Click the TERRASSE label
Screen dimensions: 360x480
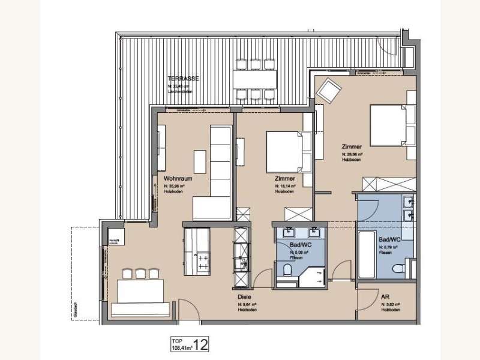[183, 79]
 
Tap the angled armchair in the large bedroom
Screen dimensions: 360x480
[328, 91]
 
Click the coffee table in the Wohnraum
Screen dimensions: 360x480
[200, 160]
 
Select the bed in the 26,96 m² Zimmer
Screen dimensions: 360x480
[390, 124]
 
